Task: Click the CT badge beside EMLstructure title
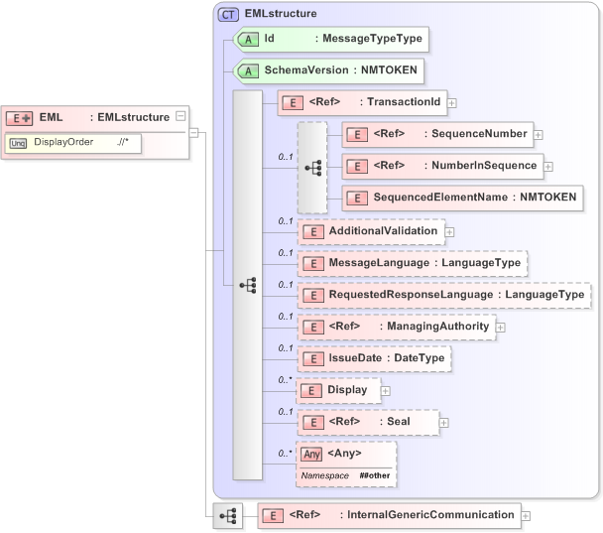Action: (x=229, y=14)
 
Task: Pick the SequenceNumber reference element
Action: (x=436, y=133)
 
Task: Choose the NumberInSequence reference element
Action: (x=441, y=166)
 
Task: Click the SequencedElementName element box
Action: (x=460, y=198)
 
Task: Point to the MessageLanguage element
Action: (x=412, y=263)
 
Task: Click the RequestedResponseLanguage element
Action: (x=443, y=295)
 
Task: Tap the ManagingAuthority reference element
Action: (x=396, y=327)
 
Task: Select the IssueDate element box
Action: (x=376, y=358)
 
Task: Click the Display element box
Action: (x=337, y=390)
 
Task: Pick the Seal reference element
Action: (x=368, y=422)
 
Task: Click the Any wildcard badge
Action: (x=311, y=454)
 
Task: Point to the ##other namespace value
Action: (x=374, y=476)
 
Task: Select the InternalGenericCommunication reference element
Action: (x=388, y=515)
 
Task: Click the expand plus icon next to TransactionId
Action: (x=451, y=101)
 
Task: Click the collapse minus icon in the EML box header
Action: (x=180, y=116)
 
